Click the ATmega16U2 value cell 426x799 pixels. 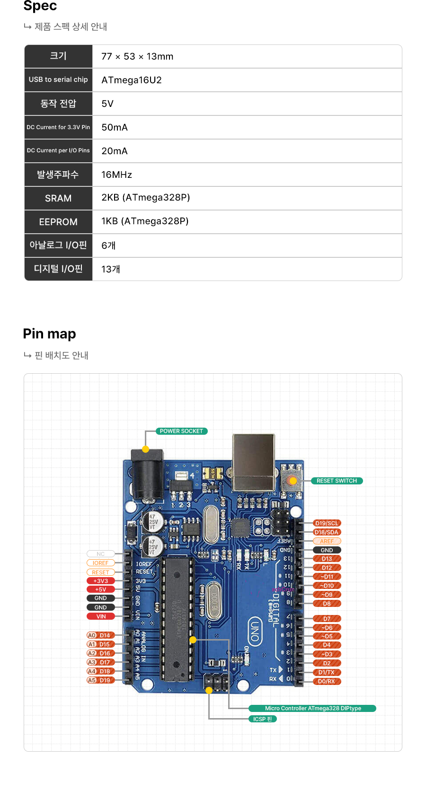pos(132,80)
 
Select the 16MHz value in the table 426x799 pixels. pos(116,175)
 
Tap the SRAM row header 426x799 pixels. pos(58,198)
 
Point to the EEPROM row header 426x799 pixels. pos(58,222)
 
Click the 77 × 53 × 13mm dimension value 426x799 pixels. pos(137,56)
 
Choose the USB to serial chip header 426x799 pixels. pos(58,79)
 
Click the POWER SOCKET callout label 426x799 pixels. pos(181,431)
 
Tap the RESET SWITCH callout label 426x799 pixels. pos(337,481)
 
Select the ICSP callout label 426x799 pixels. pos(262,719)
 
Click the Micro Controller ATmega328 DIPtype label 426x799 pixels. pos(312,708)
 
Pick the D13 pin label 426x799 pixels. pos(327,559)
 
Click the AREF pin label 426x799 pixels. pos(327,541)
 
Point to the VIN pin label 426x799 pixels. pos(101,616)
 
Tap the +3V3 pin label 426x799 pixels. pos(100,581)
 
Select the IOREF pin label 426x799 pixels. pos(100,563)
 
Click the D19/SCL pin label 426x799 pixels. pos(327,523)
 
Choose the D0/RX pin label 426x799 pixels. pos(326,681)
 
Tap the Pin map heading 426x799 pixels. pos(49,334)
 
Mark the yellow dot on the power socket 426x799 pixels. pos(145,449)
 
